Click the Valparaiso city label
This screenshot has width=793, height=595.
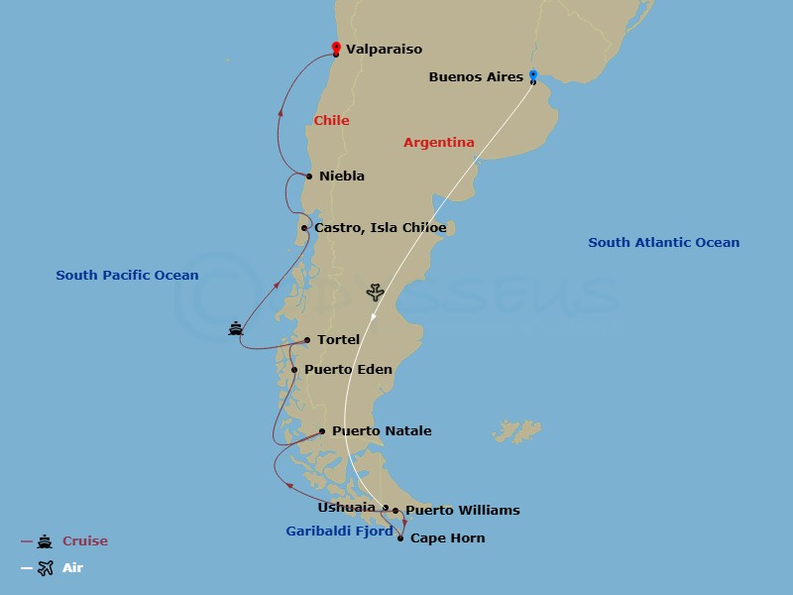384,49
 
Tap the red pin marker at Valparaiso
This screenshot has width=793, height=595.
336,47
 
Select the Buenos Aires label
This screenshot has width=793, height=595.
476,76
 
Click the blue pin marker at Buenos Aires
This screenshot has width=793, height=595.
532,74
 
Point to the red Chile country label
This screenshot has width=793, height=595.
331,121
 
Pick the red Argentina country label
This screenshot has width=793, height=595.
438,143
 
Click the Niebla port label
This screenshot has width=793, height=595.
342,177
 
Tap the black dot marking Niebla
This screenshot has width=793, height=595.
309,177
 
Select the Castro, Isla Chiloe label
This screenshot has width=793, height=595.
380,228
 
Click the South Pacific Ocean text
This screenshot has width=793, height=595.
127,276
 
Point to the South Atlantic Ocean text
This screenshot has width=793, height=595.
663,243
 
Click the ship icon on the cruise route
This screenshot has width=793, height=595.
236,328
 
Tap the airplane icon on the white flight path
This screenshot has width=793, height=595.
375,293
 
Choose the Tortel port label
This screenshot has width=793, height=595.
338,340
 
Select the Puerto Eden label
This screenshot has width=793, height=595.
348,370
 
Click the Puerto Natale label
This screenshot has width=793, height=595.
382,431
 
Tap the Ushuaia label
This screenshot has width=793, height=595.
346,508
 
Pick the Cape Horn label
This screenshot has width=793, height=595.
447,538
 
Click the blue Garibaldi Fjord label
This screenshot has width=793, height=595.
339,532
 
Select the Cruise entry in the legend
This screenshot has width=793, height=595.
85,541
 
